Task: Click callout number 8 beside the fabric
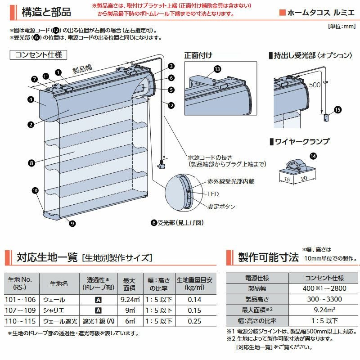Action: [x=31, y=163]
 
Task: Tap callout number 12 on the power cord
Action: [x=171, y=105]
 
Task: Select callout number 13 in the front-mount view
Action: [x=217, y=69]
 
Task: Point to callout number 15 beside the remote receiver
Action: [x=338, y=109]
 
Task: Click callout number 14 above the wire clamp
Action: [x=313, y=156]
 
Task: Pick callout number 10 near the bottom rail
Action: [x=35, y=190]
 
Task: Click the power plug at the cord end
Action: [x=161, y=164]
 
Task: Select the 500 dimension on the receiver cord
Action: [x=315, y=85]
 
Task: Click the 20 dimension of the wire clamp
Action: [x=304, y=178]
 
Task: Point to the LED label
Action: [x=213, y=194]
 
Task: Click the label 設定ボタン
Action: [x=221, y=207]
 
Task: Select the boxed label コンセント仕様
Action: [x=38, y=55]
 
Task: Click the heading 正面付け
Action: [x=198, y=55]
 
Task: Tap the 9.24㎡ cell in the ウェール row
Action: [x=130, y=299]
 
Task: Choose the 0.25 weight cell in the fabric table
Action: [x=194, y=321]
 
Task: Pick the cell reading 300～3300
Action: [x=324, y=299]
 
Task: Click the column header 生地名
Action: [x=59, y=283]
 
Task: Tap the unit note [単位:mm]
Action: [x=342, y=26]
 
